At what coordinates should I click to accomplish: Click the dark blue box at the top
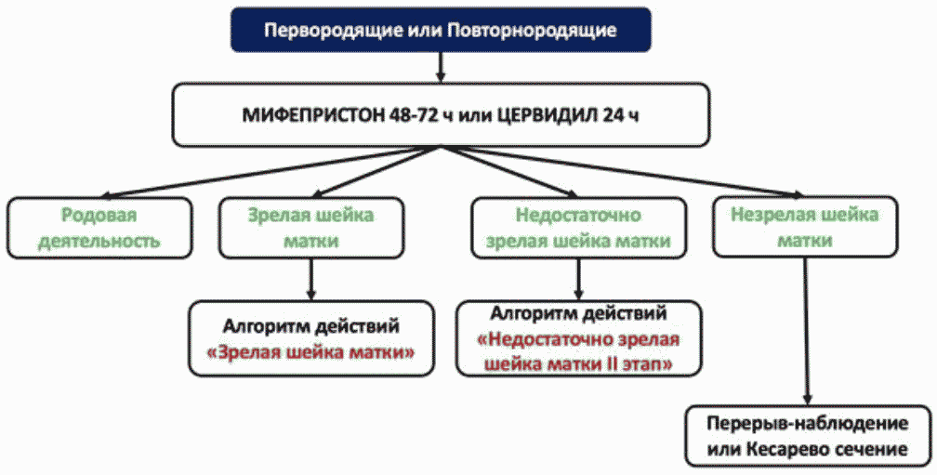[x=441, y=29]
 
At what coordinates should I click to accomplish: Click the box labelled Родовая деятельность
[x=99, y=229]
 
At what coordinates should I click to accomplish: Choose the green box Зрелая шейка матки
[x=311, y=229]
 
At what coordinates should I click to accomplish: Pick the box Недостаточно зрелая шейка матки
[x=578, y=229]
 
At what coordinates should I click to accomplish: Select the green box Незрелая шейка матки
[x=805, y=227]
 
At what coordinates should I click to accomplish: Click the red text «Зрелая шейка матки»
[x=310, y=352]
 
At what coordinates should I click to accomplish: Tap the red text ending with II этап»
[x=578, y=351]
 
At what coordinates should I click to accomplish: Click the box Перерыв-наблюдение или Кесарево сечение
[x=808, y=436]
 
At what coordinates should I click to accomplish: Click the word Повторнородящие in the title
[x=532, y=30]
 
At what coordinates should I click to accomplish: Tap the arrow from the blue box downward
[x=441, y=67]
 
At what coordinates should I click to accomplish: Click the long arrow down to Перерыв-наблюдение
[x=807, y=332]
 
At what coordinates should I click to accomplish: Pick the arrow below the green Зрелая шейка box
[x=310, y=279]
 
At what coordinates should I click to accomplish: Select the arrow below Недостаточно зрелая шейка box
[x=578, y=279]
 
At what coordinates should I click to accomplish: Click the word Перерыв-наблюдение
[x=808, y=424]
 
